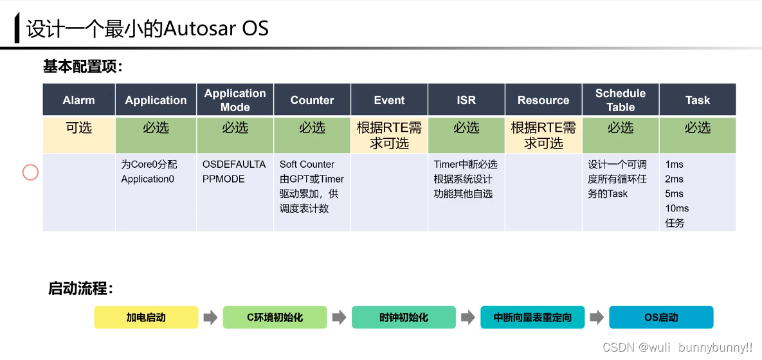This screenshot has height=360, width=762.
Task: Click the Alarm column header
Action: pyautogui.click(x=79, y=100)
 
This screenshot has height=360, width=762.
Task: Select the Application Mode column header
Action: pyautogui.click(x=235, y=100)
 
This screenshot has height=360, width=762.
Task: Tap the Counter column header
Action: pyautogui.click(x=312, y=100)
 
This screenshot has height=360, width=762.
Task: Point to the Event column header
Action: pyautogui.click(x=389, y=100)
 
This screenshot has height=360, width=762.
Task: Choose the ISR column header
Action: pyautogui.click(x=466, y=100)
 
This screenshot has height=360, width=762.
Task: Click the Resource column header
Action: pyautogui.click(x=543, y=100)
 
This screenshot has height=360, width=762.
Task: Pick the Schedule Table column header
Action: pyautogui.click(x=621, y=100)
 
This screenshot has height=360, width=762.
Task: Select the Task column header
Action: pyautogui.click(x=698, y=100)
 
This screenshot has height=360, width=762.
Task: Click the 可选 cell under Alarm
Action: pyautogui.click(x=79, y=128)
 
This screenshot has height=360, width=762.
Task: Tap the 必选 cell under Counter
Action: pyautogui.click(x=312, y=128)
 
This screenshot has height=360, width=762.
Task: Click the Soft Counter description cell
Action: pyautogui.click(x=312, y=186)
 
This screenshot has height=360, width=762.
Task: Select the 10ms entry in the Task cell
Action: pyautogui.click(x=677, y=208)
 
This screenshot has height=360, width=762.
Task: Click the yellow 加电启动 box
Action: pyautogui.click(x=146, y=318)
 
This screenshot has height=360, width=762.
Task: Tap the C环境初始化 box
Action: pyautogui.click(x=275, y=318)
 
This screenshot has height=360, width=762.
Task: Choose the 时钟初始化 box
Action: pyautogui.click(x=403, y=318)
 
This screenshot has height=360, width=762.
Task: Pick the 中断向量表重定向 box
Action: pyautogui.click(x=532, y=318)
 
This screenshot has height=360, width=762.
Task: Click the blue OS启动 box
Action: pyautogui.click(x=661, y=318)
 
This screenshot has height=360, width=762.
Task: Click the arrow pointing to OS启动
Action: pyautogui.click(x=597, y=318)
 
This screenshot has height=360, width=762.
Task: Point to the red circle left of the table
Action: pyautogui.click(x=30, y=172)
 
